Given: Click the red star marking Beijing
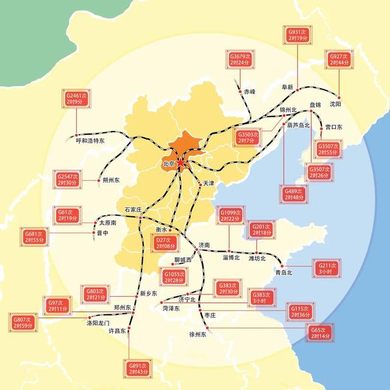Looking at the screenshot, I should [x=180, y=163].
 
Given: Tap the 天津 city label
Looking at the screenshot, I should [x=208, y=183].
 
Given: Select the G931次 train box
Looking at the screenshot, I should [x=298, y=34].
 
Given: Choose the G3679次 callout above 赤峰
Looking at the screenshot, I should [x=241, y=60].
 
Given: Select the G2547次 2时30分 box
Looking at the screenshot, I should [x=65, y=179].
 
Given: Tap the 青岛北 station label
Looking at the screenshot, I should [x=284, y=272].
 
